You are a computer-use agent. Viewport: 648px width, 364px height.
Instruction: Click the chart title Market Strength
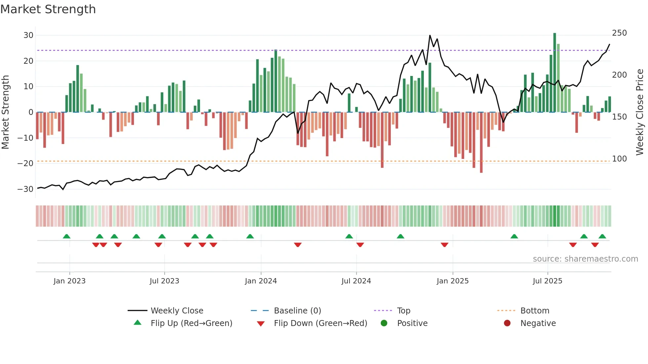[x=48, y=9]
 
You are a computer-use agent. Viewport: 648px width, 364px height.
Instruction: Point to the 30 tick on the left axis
[x=28, y=35]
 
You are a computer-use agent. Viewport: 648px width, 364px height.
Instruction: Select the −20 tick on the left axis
[x=25, y=164]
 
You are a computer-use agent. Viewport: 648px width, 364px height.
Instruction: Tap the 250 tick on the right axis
[x=619, y=33]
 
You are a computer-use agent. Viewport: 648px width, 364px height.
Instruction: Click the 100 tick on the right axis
[x=619, y=159]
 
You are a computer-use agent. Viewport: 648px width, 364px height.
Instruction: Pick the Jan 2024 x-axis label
[x=261, y=281]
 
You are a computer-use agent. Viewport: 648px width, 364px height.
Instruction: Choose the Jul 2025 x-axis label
[x=547, y=281]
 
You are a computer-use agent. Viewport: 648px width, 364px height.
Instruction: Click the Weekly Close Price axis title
[x=640, y=112]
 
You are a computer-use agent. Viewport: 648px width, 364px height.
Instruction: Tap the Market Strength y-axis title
[x=5, y=112]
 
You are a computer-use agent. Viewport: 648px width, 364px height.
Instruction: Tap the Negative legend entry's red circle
[x=507, y=323]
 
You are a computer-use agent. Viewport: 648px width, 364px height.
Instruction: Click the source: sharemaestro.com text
[x=585, y=259]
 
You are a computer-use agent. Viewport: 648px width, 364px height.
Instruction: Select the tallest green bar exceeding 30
[x=554, y=73]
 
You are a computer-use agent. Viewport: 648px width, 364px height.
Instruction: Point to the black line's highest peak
[x=430, y=35]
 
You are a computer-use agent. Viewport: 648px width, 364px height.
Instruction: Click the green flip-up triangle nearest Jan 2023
[x=66, y=236]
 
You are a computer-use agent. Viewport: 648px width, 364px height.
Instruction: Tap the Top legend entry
[x=403, y=311]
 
